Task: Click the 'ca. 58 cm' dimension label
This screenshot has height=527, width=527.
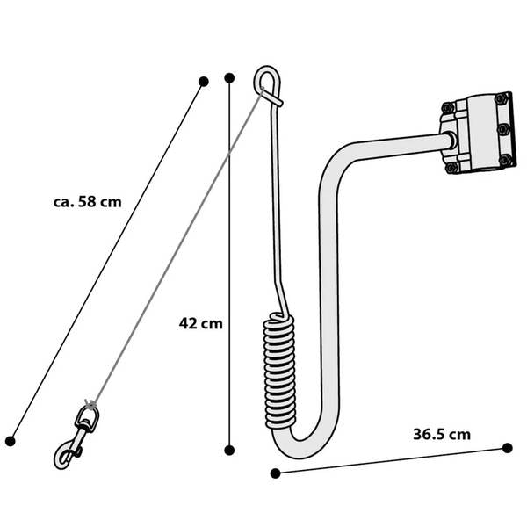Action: pos(87,202)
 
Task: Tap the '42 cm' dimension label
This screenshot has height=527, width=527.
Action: pos(200,323)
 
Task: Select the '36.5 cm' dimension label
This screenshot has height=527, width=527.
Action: pos(442,434)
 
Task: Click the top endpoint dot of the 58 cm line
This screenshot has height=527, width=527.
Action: pos(204,82)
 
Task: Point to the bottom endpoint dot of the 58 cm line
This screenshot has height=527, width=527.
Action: pos(11,441)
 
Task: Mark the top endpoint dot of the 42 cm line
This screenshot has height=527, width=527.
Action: pos(229,78)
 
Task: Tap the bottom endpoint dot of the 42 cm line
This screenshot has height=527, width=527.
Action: pos(229,451)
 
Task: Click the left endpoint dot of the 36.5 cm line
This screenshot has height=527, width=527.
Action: pos(275,473)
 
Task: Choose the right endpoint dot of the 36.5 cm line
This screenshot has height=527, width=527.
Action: pos(508,448)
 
